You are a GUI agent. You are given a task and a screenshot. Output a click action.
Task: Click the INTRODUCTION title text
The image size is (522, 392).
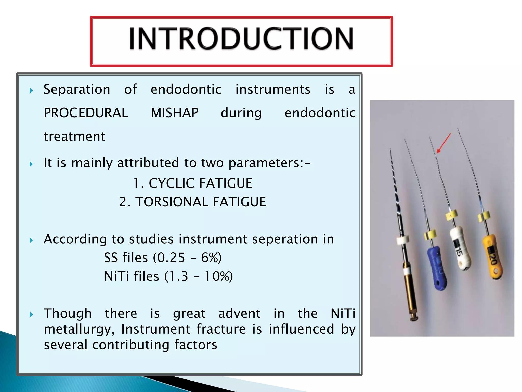pyautogui.click(x=241, y=39)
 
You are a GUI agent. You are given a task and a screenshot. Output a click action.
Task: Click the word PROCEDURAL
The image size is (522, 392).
pyautogui.click(x=86, y=113)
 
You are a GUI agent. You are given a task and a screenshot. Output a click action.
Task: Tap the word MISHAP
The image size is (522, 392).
pyautogui.click(x=174, y=113)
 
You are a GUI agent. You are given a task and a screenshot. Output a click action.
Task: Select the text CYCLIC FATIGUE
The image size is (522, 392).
pyautogui.click(x=200, y=183)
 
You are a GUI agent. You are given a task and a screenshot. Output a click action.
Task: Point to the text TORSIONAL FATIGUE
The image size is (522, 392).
pyautogui.click(x=200, y=202)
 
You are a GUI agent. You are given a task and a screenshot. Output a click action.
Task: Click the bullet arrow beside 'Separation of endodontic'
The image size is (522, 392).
pyautogui.click(x=31, y=91)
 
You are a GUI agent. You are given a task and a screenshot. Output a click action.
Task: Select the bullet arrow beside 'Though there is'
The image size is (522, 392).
pyautogui.click(x=31, y=315)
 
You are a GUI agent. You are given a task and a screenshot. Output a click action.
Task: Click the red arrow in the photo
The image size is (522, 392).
pyautogui.click(x=444, y=143)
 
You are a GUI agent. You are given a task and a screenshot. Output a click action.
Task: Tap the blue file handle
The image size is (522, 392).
pyautogui.click(x=437, y=268)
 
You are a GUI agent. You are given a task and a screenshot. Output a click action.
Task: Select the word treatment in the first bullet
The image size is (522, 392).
pyautogui.click(x=74, y=137)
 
